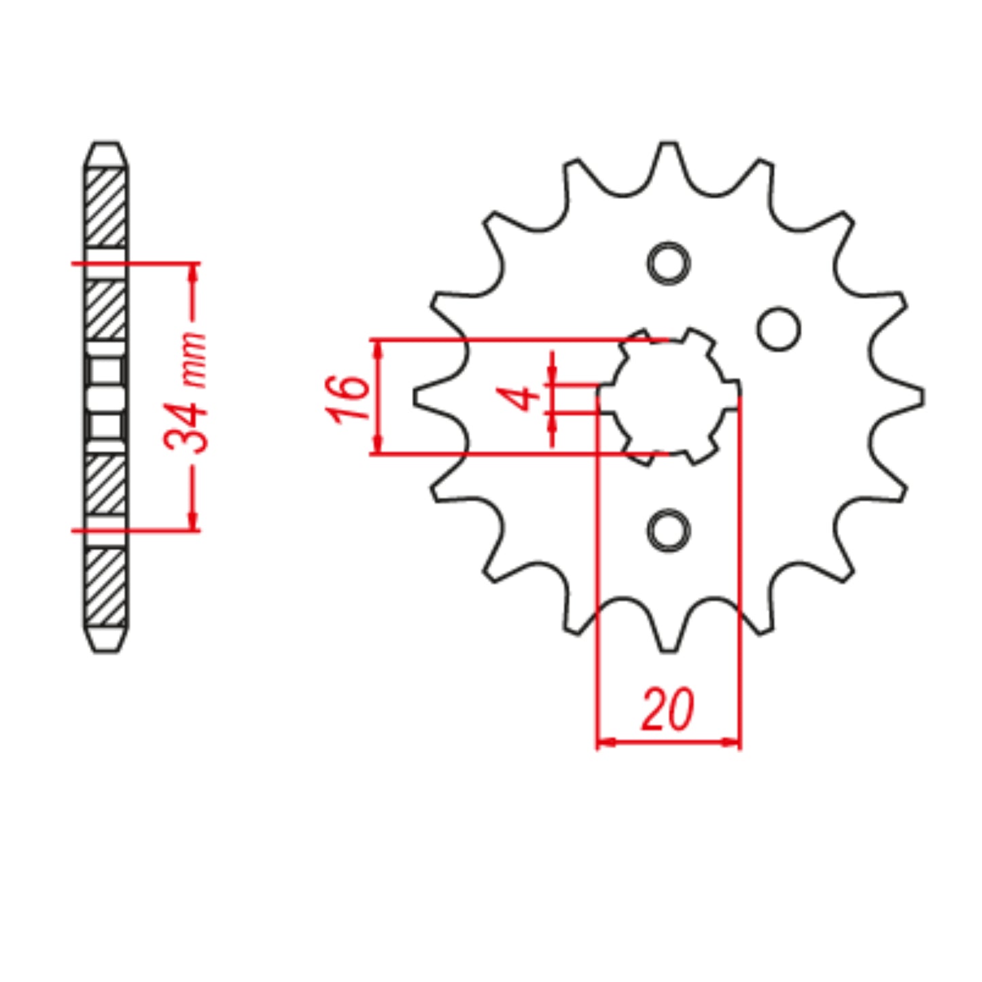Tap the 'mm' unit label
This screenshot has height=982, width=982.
pyautogui.click(x=194, y=360)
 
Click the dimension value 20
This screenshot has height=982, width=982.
pyautogui.click(x=667, y=709)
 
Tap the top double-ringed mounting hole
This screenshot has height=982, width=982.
pyautogui.click(x=669, y=263)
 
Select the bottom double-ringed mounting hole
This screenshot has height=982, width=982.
pyautogui.click(x=669, y=530)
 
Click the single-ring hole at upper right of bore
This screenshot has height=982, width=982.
pyautogui.click(x=779, y=329)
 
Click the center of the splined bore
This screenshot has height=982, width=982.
pyautogui.click(x=669, y=397)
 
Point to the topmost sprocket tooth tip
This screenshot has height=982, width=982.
pyautogui.click(x=669, y=145)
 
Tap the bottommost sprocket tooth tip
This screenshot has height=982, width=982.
pyautogui.click(x=669, y=649)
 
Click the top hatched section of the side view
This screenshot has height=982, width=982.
pyautogui.click(x=105, y=207)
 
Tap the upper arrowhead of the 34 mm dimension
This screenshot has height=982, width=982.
pyautogui.click(x=193, y=271)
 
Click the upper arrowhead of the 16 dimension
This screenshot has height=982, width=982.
pyautogui.click(x=379, y=347)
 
